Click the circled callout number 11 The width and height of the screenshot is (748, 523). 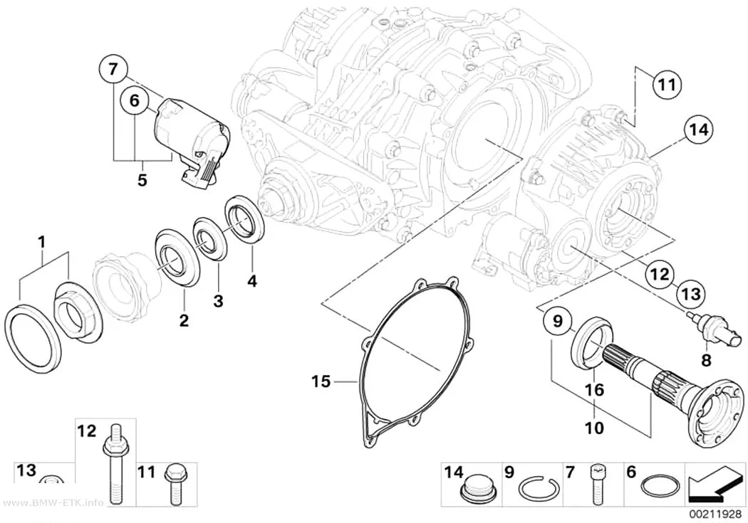coord(666,85)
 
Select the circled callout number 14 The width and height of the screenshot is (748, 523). coord(698,129)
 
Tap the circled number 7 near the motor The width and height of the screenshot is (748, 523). coord(113,70)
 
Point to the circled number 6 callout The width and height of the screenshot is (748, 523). coord(134,100)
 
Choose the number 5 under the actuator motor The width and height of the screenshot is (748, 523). coord(142,181)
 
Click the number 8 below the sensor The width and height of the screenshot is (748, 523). coord(706,360)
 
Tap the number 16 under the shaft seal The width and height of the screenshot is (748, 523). coord(595,390)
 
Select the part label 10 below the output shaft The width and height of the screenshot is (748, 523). coord(595,428)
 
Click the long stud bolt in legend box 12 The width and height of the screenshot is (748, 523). coord(113,462)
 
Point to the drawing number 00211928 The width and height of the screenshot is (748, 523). coord(715,515)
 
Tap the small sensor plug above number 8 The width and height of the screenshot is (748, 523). coord(714,329)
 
